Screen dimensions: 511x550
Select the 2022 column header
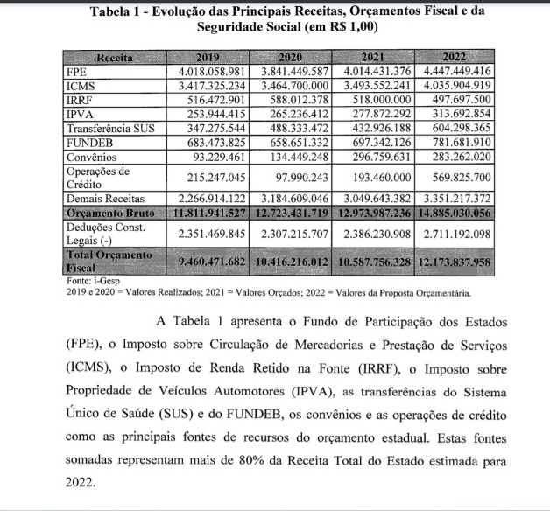click(x=457, y=58)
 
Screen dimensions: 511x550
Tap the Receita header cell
click(x=115, y=58)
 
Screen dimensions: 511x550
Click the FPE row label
click(x=77, y=72)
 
